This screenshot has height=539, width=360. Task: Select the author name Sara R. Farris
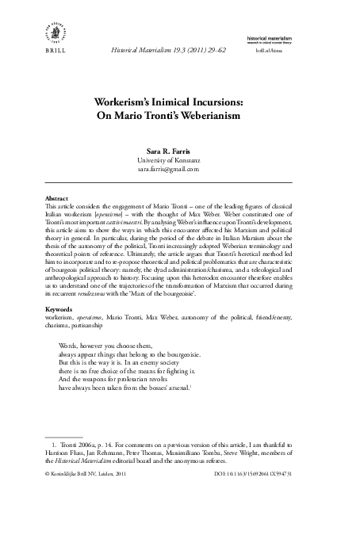tap(179, 150)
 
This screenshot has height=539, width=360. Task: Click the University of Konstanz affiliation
tap(179, 159)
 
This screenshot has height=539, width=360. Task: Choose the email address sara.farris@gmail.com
tap(179, 169)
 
